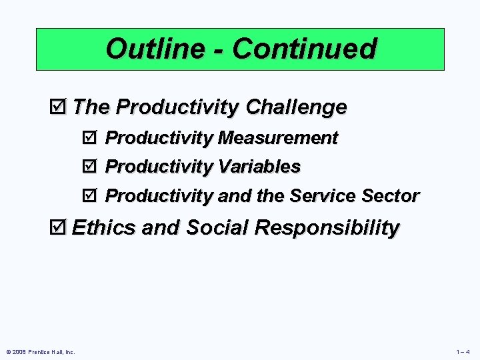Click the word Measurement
[x=278, y=138]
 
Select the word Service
[x=323, y=196]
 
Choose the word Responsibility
[x=327, y=227]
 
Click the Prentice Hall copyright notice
[x=41, y=351]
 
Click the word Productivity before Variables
[x=159, y=166]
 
